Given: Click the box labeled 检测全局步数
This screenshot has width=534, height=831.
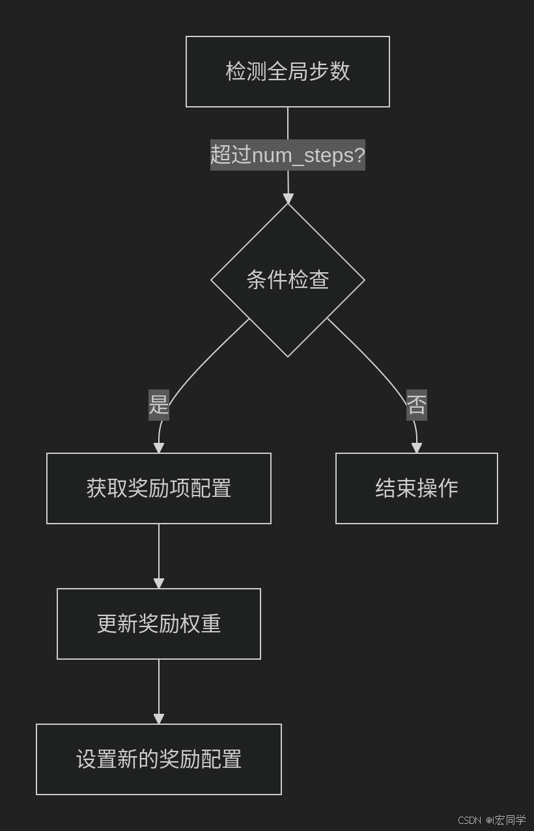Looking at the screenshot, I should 287,72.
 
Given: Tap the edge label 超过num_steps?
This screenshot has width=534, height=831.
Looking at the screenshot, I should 287,155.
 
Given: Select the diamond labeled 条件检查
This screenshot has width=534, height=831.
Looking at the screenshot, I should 287,280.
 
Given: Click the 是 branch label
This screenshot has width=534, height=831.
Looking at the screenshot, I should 159,404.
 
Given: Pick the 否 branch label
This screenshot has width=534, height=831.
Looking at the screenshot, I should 417,404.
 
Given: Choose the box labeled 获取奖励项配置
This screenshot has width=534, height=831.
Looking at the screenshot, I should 159,488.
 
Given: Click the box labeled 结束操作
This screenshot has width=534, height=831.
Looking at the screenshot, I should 417,488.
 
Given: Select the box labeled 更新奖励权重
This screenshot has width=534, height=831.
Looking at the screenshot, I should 159,624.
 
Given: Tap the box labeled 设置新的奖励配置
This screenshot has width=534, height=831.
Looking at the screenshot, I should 159,759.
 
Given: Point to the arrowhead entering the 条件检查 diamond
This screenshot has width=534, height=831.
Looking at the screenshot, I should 288,199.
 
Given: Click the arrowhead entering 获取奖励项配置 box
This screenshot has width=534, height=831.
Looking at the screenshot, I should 159,448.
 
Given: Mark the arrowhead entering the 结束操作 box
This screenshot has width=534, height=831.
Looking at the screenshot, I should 417,448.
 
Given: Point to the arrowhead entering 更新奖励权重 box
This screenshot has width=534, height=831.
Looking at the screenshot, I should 159,584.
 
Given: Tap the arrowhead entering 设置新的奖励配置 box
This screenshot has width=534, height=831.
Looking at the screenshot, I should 159,719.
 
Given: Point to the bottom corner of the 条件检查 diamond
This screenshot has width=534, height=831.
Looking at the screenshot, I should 288,356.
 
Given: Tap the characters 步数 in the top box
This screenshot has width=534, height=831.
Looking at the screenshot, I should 330,72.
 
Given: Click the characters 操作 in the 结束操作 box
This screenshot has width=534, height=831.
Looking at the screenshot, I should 438,488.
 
